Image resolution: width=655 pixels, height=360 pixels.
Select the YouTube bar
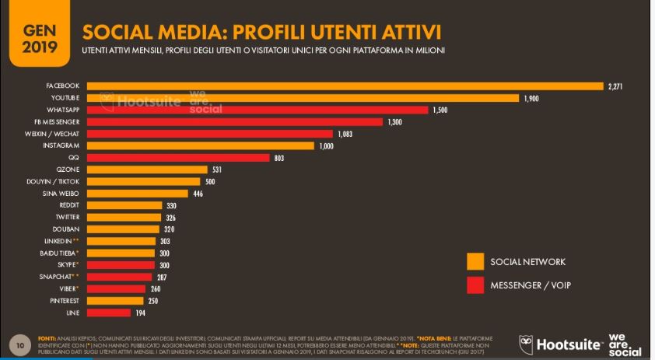[303, 98]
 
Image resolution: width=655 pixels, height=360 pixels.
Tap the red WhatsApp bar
[257, 110]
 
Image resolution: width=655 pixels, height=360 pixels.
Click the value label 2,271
[616, 86]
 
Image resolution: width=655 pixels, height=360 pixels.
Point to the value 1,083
[345, 134]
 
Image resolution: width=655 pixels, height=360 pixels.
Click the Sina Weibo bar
[137, 194]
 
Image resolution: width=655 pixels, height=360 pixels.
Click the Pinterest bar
[115, 300]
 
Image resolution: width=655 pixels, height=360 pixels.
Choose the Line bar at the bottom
[109, 313]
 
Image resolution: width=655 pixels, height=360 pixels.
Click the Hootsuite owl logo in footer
[527, 344]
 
